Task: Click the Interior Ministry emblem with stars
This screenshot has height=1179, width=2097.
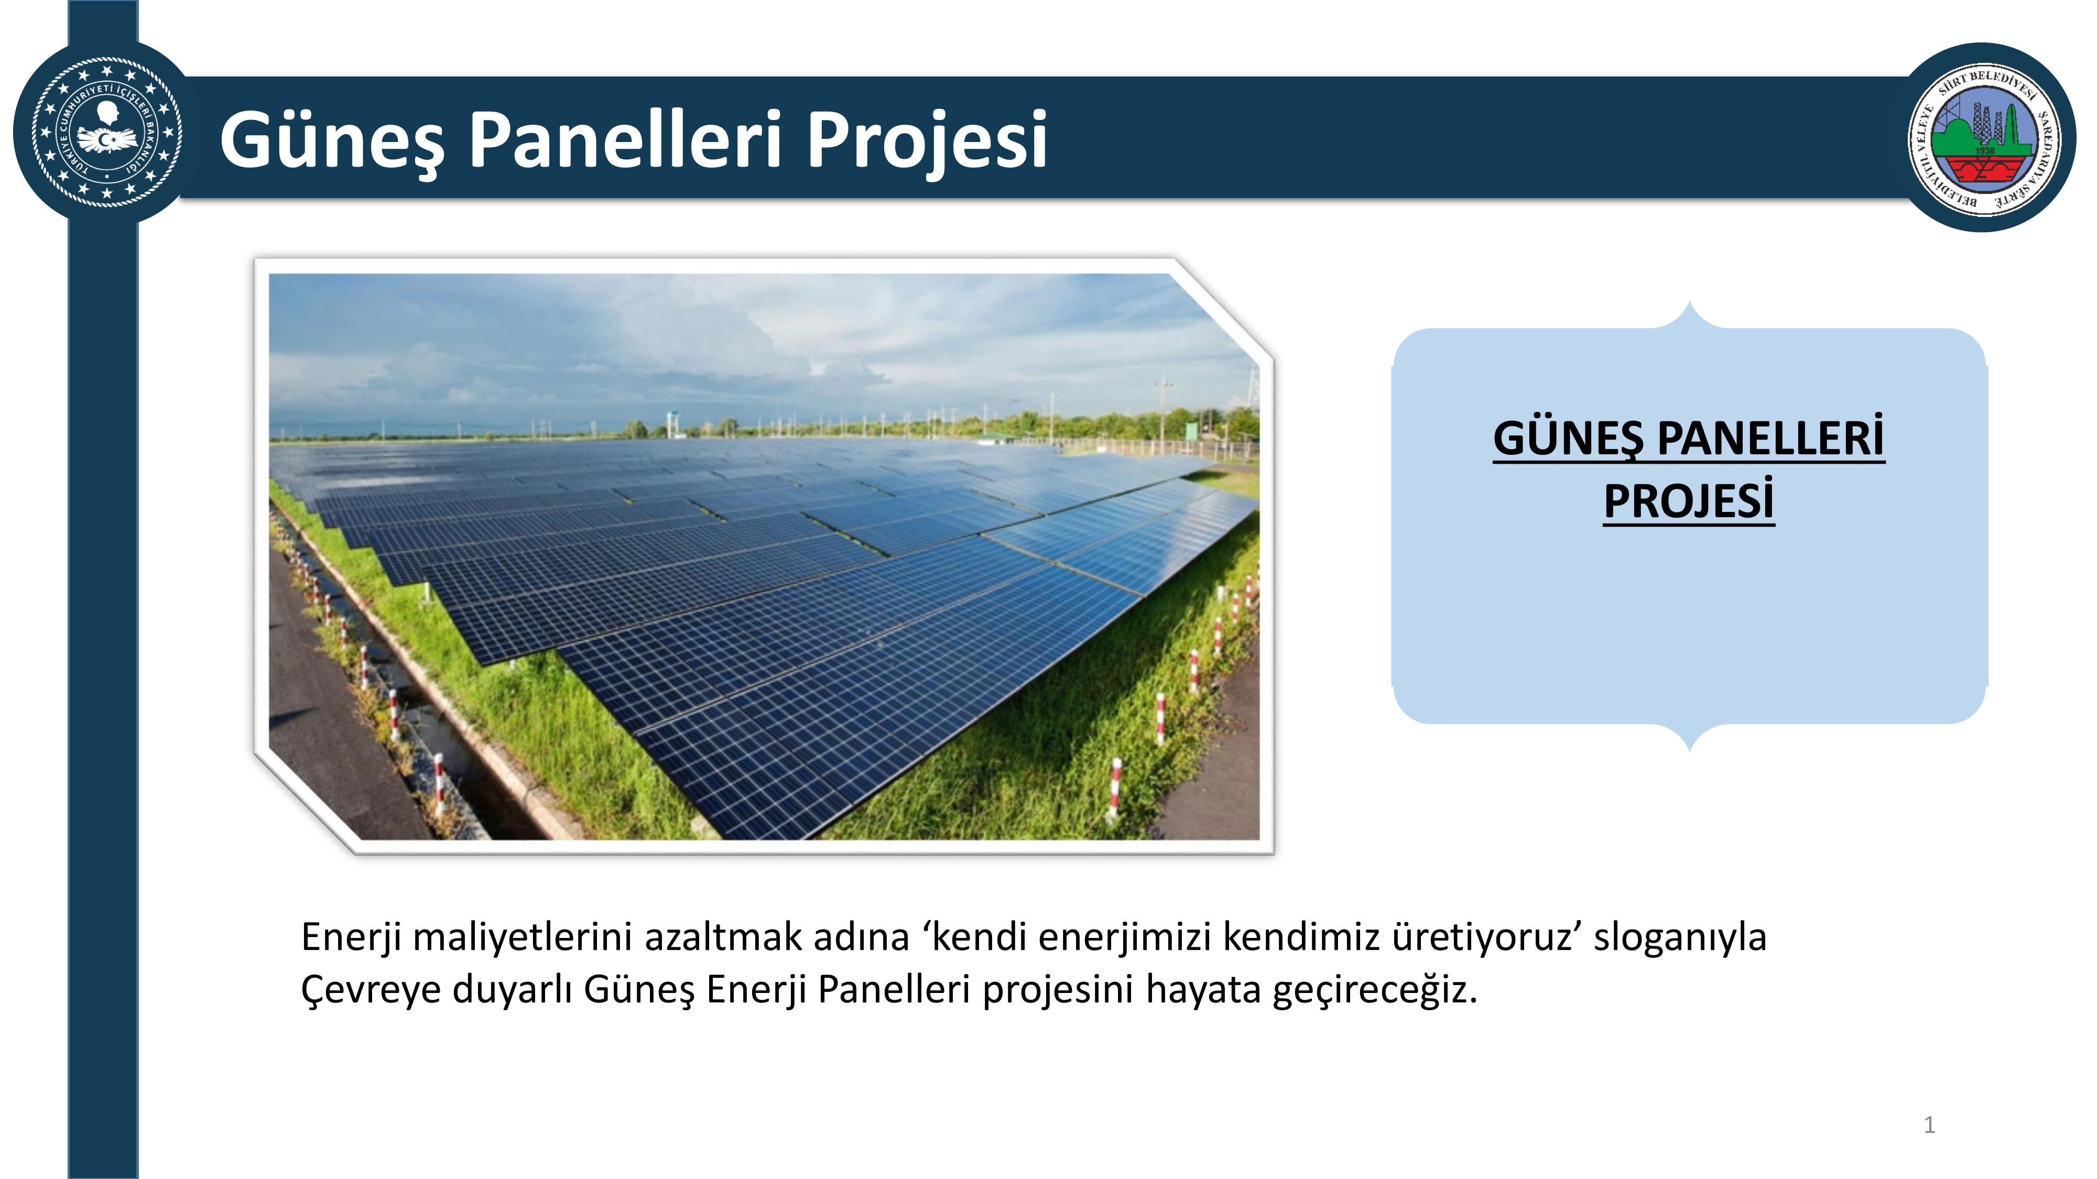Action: pyautogui.click(x=106, y=132)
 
